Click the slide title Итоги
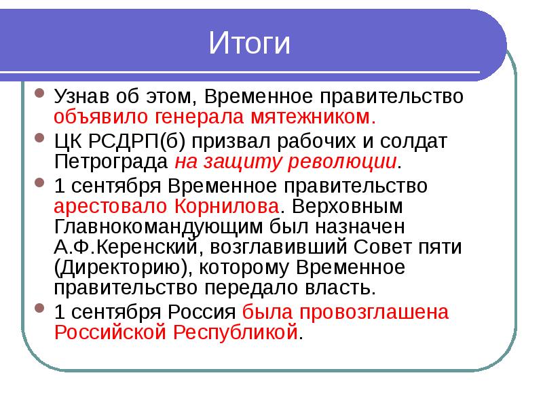coord(249,44)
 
